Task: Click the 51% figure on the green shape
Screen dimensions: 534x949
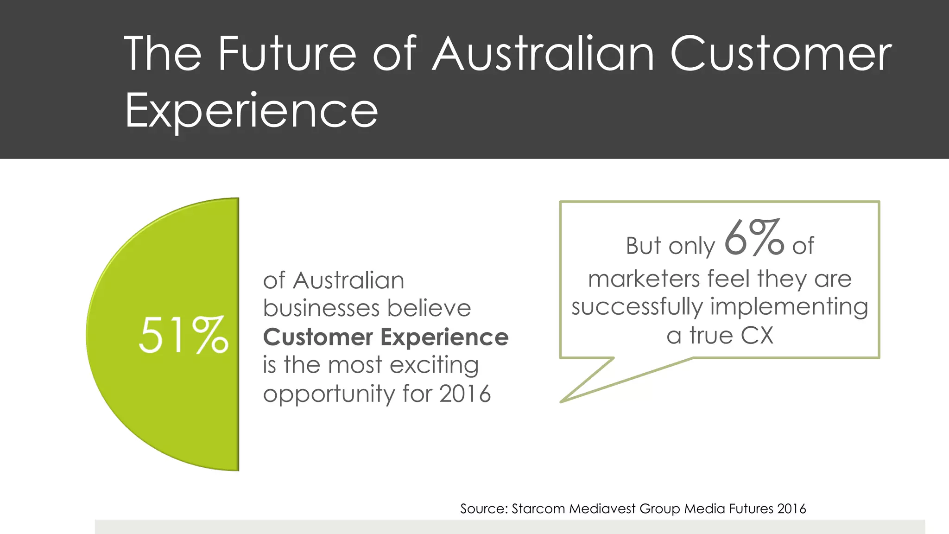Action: click(x=183, y=335)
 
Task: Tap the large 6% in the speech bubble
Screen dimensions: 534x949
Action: click(x=754, y=238)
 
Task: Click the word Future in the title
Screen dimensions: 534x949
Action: click(x=287, y=54)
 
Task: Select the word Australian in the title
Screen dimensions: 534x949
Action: click(x=543, y=54)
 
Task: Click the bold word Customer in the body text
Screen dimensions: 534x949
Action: click(x=318, y=337)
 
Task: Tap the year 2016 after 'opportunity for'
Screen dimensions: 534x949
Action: click(x=465, y=394)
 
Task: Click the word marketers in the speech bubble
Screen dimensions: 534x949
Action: click(x=644, y=279)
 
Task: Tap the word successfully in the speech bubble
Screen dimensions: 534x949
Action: click(x=637, y=307)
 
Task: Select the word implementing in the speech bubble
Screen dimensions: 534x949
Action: click(x=789, y=307)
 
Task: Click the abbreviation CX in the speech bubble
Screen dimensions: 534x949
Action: click(x=757, y=336)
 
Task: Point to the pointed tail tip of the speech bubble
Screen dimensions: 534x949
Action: click(x=562, y=401)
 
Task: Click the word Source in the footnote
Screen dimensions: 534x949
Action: click(x=484, y=509)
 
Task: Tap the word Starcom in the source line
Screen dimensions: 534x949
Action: click(x=538, y=509)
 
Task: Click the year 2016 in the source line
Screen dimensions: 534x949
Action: click(x=791, y=509)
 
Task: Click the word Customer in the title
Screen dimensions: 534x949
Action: click(x=781, y=54)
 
